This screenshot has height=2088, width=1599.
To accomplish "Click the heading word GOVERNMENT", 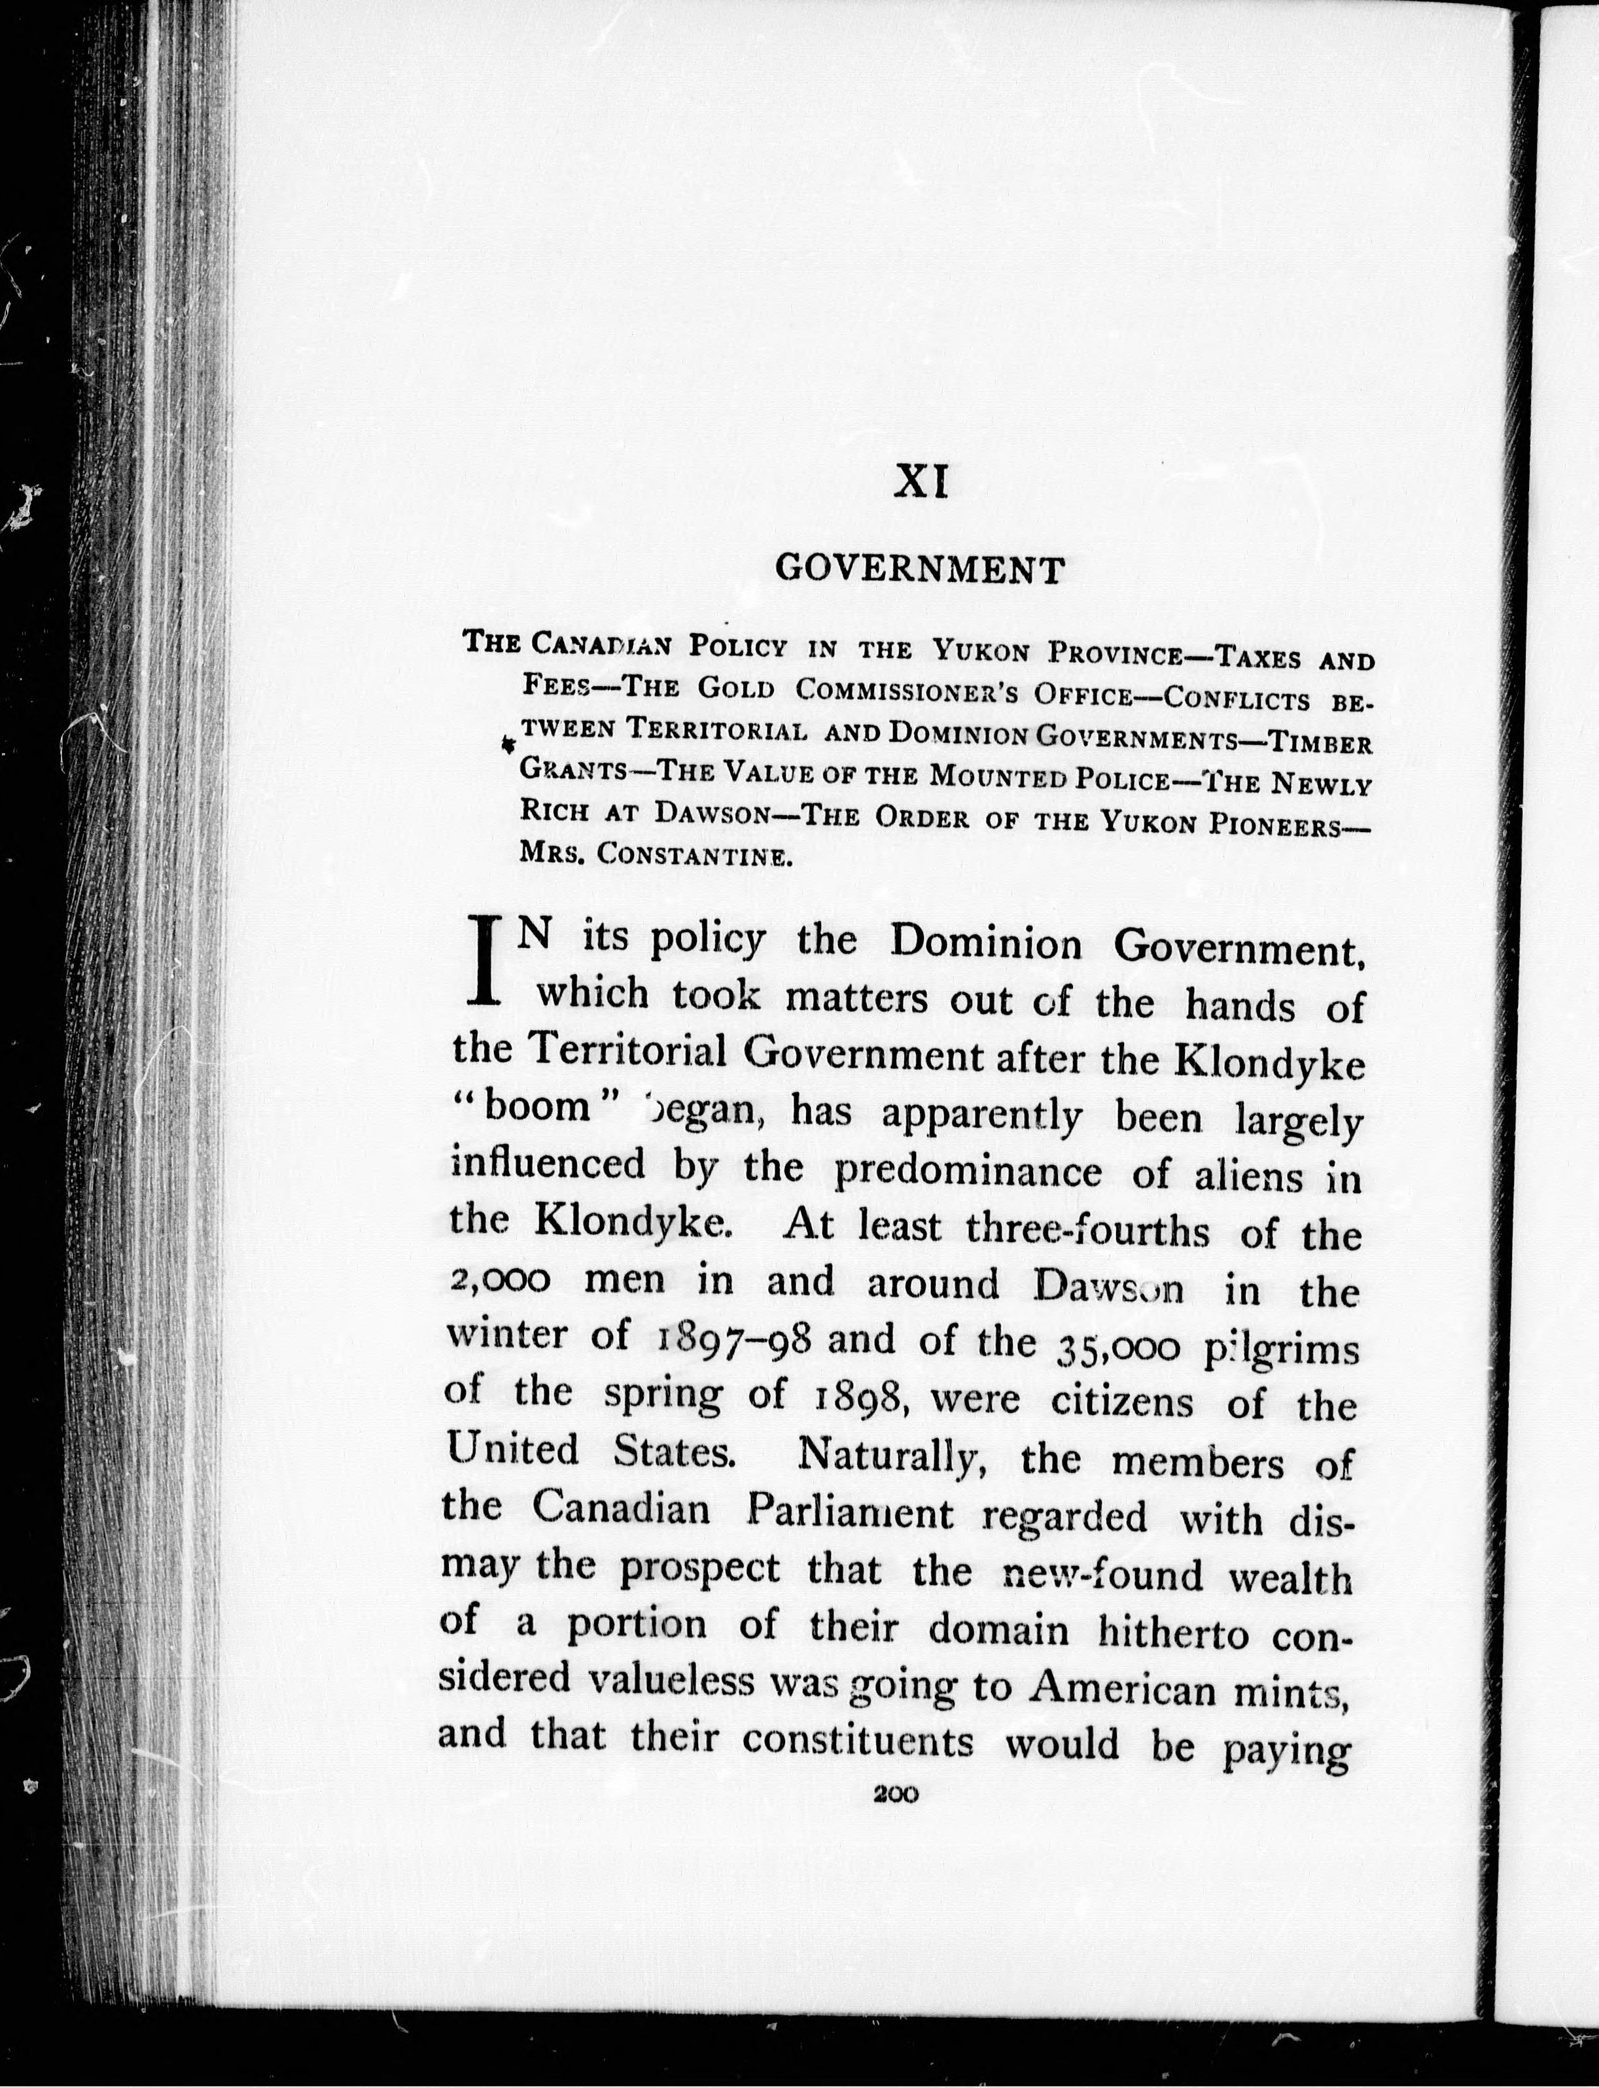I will coord(919,569).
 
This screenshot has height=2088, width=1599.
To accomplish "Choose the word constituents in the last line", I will coord(858,1743).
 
